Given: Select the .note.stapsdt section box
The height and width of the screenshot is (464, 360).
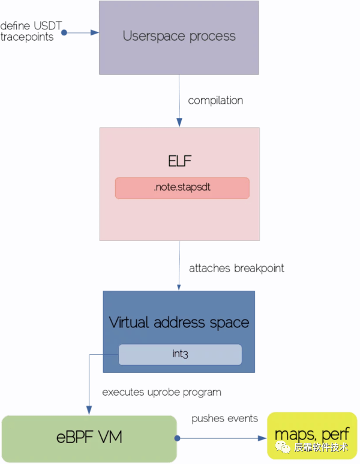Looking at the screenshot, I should [x=182, y=188].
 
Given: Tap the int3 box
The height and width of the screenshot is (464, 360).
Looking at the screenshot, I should [x=180, y=354].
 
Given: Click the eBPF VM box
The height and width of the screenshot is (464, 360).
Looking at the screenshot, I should [x=89, y=438].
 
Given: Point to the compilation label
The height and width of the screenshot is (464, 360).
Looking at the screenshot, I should [x=215, y=100].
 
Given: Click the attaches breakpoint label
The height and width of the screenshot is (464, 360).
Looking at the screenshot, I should [x=236, y=268].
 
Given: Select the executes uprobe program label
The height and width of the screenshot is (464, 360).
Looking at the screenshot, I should [x=161, y=392].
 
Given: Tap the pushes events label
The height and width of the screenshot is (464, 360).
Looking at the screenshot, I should [x=224, y=418].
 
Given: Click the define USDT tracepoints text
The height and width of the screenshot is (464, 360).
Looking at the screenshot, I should [x=31, y=32].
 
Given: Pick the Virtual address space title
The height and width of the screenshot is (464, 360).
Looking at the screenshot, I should [x=179, y=323].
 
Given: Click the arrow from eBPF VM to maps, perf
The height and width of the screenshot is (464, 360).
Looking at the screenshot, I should [x=222, y=438].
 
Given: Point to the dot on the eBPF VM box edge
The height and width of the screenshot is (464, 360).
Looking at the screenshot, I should [x=178, y=438].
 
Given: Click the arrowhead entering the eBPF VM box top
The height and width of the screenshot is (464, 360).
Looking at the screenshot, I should [x=89, y=411].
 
